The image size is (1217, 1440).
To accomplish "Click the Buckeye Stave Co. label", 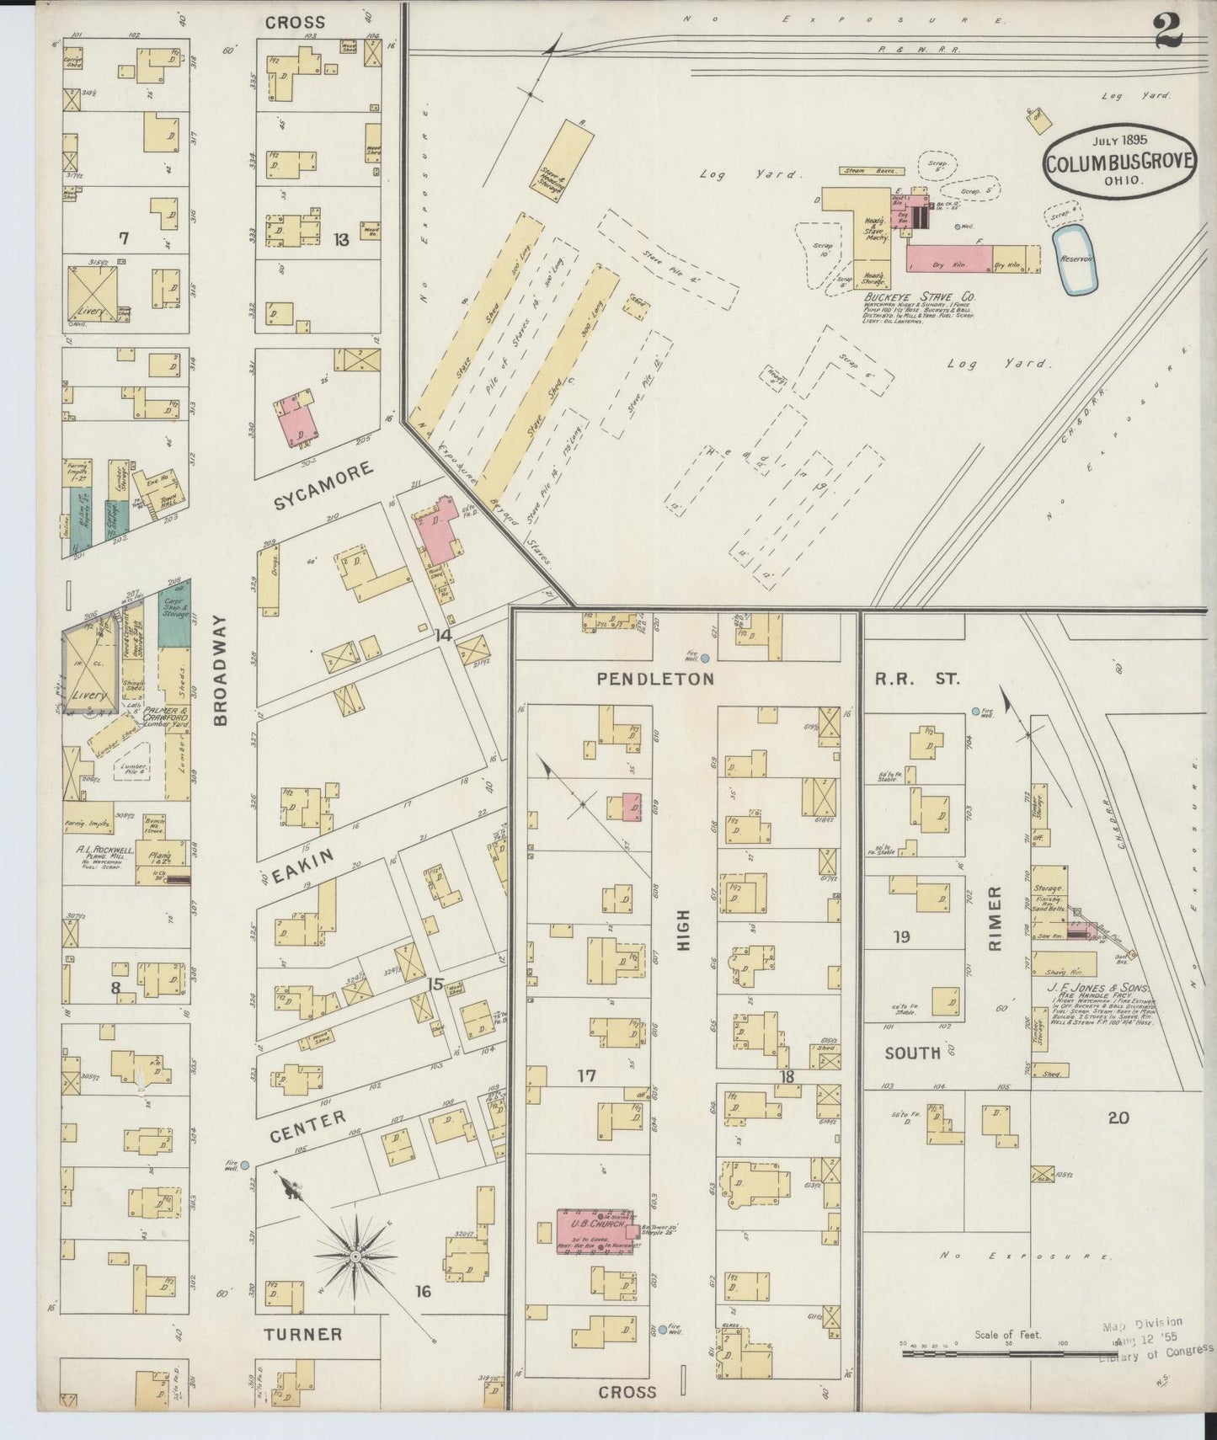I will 920,297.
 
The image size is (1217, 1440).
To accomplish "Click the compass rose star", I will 355,1256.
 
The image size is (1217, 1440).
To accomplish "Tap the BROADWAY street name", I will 221,670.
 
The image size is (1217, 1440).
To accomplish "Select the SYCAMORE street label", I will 323,488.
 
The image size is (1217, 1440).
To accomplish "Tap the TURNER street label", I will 303,1334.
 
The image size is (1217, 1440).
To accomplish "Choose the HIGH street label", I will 683,930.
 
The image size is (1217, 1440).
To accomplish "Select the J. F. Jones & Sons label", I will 1098,988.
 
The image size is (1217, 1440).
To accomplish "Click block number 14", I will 442,637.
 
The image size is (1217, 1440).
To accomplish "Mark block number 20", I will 1118,1118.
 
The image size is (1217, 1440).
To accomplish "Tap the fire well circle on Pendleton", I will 705,659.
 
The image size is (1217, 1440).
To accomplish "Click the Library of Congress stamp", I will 1152,1338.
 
